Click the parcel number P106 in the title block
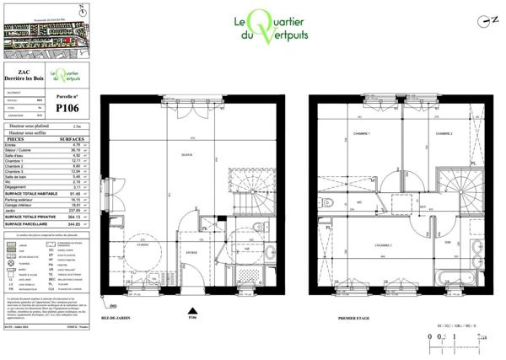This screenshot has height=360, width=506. (x=67, y=108)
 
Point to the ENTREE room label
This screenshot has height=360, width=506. (x=191, y=251)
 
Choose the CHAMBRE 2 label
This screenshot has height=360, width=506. (x=444, y=134)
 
